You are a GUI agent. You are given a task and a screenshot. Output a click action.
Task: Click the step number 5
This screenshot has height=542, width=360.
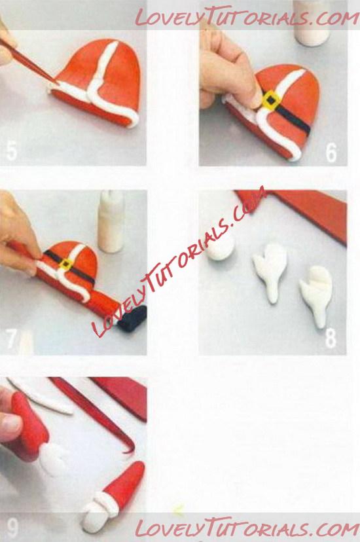click(x=11, y=151)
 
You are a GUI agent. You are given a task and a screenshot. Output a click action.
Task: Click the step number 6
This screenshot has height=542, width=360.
click(x=331, y=152)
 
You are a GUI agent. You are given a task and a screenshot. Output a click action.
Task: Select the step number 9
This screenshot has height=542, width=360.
click(x=12, y=528)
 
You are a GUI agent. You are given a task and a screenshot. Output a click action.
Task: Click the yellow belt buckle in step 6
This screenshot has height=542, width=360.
click(x=271, y=100)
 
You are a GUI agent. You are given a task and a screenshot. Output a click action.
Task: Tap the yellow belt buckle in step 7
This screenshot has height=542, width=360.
click(x=66, y=264)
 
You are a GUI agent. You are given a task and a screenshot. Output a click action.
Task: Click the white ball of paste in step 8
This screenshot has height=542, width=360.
click(x=221, y=249)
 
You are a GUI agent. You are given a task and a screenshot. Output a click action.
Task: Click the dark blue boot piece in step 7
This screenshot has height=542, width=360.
click(x=133, y=318)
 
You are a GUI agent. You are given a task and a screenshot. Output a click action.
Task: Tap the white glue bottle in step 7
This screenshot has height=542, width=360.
click(x=111, y=221)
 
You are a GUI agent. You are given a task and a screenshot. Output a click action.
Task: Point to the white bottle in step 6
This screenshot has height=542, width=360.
click(x=312, y=23)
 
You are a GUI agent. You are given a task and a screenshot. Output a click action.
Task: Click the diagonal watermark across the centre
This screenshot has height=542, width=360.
click(x=179, y=262)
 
